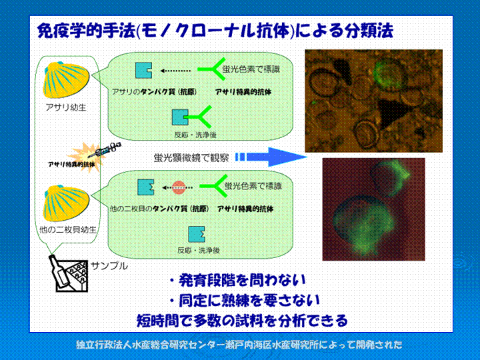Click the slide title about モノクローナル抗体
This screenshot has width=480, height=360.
coord(215,31)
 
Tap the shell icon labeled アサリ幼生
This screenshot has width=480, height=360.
coord(66,80)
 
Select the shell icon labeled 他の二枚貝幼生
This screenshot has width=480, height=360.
coord(66,203)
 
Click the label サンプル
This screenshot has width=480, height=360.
coord(109,266)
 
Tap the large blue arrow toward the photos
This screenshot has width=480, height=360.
coord(271,157)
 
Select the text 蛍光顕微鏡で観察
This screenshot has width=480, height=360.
coord(191,157)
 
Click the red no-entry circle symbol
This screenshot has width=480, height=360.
coord(179,187)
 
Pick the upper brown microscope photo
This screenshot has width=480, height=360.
coord(374,101)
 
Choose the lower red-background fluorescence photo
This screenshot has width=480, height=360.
coord(374,209)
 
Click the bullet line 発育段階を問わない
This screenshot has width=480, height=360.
coord(238,280)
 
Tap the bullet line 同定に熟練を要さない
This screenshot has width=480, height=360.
coord(245,301)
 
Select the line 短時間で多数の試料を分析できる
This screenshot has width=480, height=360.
coord(243,321)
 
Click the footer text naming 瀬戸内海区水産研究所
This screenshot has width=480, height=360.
coord(239,345)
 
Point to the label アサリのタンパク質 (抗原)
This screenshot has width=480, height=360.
coord(154,92)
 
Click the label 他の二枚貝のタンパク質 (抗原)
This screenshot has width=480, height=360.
coord(159,209)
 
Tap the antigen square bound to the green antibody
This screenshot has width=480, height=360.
coord(180,117)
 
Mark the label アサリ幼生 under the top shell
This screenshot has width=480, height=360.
coord(66,107)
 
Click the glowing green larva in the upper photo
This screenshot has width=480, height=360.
coord(386,73)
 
